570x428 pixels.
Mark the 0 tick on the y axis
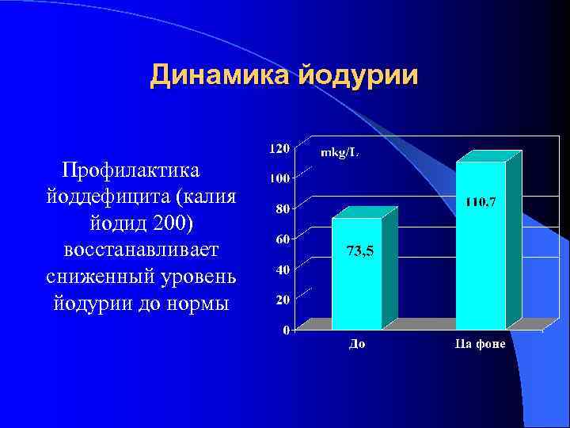pyautogui.click(x=286, y=329)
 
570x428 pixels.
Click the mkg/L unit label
pyautogui.click(x=339, y=152)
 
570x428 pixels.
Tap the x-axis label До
pyautogui.click(x=357, y=344)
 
